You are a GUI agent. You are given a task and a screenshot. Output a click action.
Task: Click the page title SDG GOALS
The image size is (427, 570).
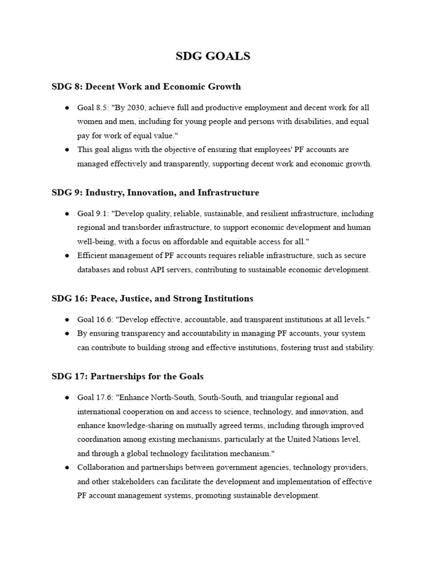coord(213,56)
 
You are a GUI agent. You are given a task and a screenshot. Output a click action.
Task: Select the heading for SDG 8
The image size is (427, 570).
coord(146,87)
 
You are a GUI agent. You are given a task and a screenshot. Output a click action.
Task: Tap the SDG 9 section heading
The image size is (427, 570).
coord(155,193)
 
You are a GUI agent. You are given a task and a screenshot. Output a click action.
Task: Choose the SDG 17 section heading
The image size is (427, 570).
coord(127,376)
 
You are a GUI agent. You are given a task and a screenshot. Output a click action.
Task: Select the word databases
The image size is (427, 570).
coord(94,269)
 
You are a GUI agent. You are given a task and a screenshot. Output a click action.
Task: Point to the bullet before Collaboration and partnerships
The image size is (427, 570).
coord(67,467)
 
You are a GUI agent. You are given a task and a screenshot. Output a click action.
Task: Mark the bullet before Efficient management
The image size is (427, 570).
coord(67,255)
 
